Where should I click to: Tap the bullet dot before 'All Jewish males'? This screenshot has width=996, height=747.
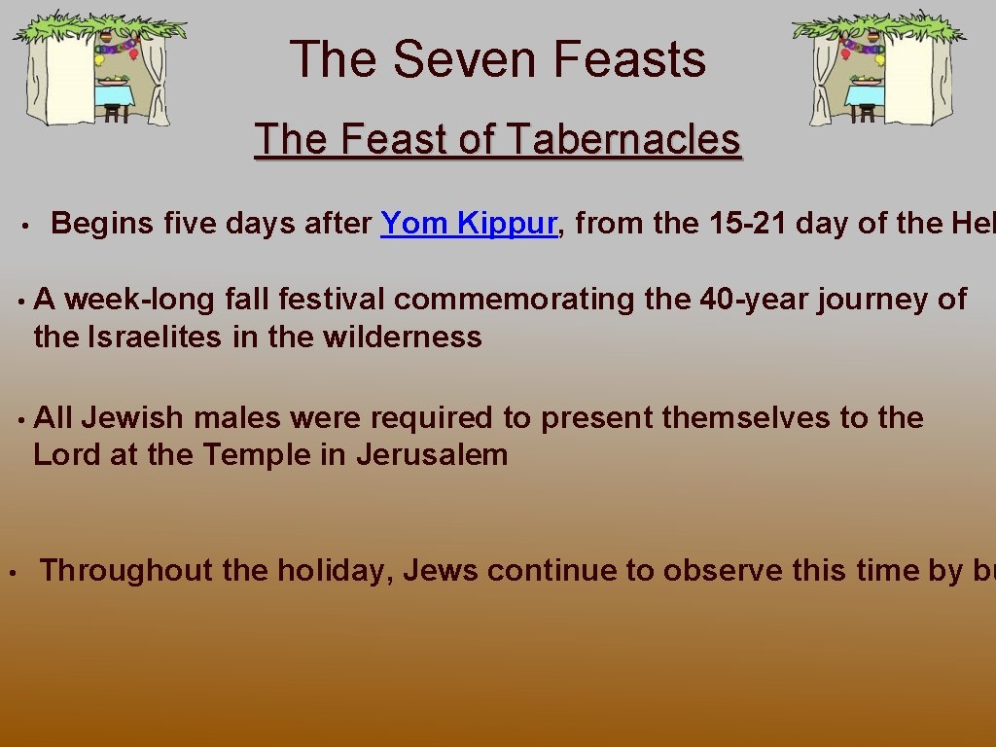point(19,419)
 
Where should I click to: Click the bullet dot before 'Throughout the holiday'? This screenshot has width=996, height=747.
point(10,571)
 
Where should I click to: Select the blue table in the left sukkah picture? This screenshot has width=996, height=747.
point(116,95)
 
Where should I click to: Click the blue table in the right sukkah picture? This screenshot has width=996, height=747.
point(863,95)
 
